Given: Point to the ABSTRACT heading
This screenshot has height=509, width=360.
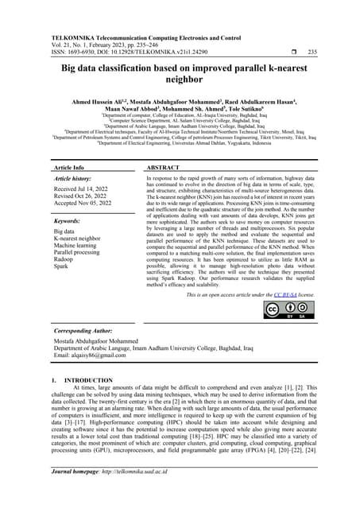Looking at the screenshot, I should point(165,169).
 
